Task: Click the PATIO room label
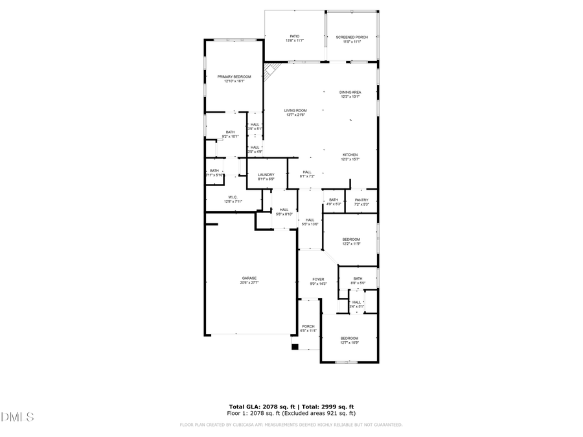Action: tap(295, 37)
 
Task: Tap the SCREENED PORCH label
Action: tap(352, 37)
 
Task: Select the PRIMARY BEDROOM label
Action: tap(234, 76)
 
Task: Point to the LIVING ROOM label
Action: tap(295, 111)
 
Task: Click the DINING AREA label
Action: tap(350, 93)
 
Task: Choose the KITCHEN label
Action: tap(350, 155)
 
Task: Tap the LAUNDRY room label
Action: tap(266, 175)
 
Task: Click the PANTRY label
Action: tap(361, 200)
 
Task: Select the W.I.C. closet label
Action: tap(233, 197)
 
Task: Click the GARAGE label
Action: tap(249, 278)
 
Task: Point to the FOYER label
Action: tap(319, 280)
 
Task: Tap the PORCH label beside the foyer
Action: tap(308, 326)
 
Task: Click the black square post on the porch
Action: tap(295, 346)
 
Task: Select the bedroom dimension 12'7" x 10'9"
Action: tap(350, 343)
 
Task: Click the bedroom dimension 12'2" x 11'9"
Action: tap(351, 244)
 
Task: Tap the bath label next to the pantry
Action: tap(334, 200)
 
